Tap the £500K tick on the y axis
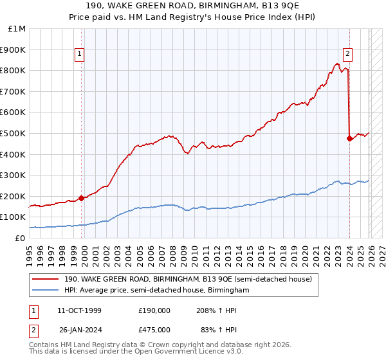pos(14,133)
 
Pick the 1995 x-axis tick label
pos(30,251)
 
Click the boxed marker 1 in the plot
pos(80,55)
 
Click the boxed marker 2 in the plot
pos(347,55)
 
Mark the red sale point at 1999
pos(82,198)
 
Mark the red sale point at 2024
pos(349,138)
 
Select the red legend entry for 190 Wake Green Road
pos(188,279)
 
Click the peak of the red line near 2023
pos(337,64)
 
